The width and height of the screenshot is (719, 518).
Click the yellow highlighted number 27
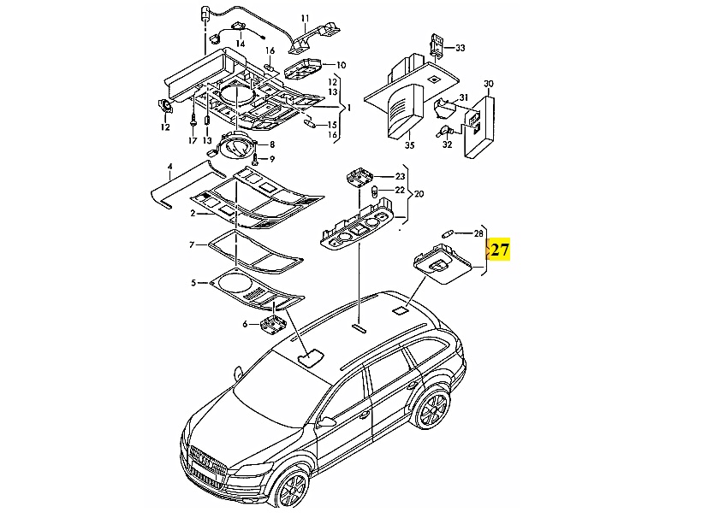[x=500, y=250]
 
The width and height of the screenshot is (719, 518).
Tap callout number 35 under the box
[x=409, y=145]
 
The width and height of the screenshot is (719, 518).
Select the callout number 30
[x=489, y=84]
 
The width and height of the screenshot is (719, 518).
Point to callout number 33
[x=460, y=48]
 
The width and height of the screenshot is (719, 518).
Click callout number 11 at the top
[x=306, y=18]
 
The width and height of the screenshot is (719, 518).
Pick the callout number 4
[x=169, y=165]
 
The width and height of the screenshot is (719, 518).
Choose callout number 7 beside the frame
[x=192, y=245]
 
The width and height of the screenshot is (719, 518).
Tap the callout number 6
[x=245, y=324]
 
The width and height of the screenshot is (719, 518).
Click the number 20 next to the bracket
[x=419, y=194]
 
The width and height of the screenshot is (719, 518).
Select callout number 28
[x=478, y=233]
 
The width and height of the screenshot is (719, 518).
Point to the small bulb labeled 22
[x=375, y=190]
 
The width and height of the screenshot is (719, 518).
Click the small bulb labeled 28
[x=447, y=233]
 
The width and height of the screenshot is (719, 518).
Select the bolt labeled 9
[x=255, y=159]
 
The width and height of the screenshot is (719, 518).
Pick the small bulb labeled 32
[x=445, y=132]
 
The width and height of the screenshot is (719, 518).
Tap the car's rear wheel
[x=432, y=409]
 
